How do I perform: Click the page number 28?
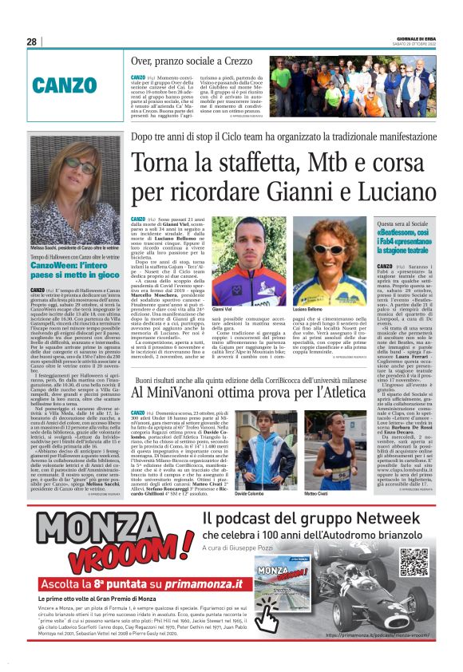32,42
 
